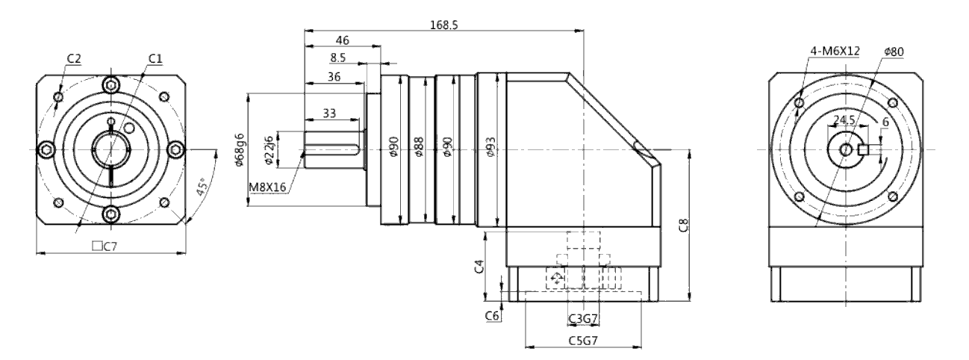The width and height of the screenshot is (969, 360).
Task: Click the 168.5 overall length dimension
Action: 444,25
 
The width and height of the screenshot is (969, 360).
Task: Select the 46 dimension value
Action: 342,40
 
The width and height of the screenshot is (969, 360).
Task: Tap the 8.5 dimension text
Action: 338,58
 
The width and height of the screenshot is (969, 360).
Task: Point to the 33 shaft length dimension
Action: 329,114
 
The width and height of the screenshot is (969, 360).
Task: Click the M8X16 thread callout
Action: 267,187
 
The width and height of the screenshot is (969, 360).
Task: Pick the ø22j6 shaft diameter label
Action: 268,149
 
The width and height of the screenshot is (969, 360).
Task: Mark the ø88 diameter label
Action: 418,146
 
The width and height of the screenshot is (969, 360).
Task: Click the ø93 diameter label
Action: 490,146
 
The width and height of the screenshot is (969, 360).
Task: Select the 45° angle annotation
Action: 202,187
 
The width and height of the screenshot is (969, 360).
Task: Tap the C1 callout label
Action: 155,58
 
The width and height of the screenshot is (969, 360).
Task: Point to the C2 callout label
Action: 74,58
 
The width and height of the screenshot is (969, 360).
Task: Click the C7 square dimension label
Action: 105,246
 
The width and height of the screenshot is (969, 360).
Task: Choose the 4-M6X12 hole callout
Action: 835,51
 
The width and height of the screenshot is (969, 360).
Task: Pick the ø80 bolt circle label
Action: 894,52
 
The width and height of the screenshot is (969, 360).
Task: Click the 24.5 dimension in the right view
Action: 844,120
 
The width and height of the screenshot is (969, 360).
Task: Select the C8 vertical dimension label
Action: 684,225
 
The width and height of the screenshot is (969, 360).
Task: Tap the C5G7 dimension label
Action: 583,341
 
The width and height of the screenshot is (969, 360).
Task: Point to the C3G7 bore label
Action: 583,320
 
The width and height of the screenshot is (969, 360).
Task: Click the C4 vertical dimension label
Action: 479,267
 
